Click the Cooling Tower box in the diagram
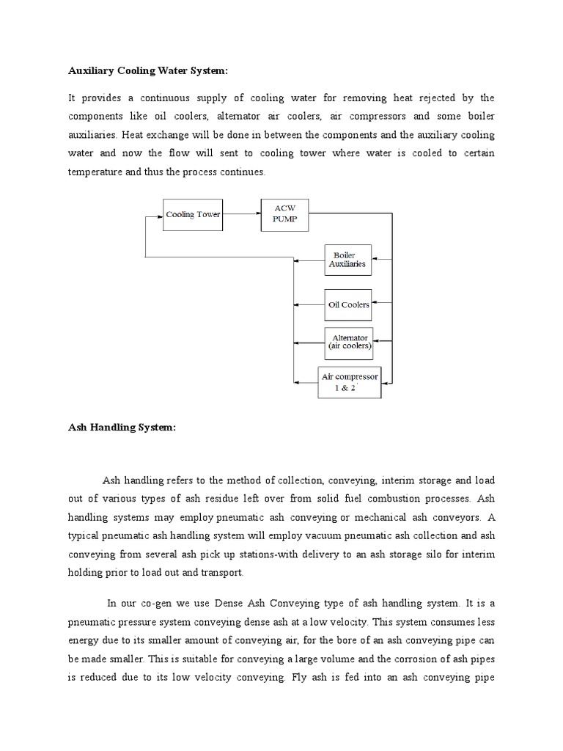(x=192, y=215)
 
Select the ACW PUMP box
(x=285, y=215)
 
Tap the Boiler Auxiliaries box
(x=348, y=260)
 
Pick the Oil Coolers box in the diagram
(x=348, y=304)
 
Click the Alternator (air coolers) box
(x=348, y=342)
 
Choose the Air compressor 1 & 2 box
(x=349, y=382)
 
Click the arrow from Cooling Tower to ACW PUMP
(x=241, y=215)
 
